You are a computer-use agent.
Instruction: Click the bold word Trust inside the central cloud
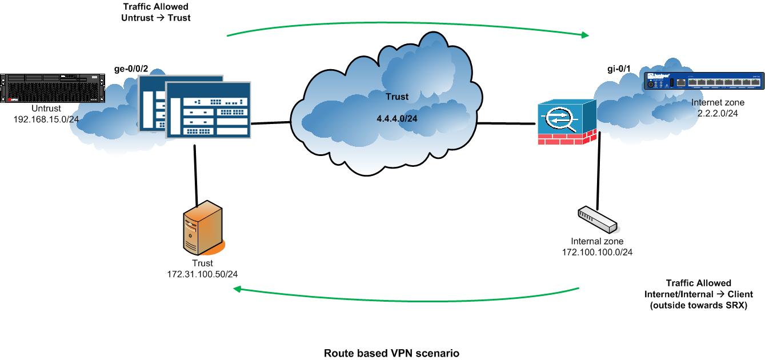(396, 97)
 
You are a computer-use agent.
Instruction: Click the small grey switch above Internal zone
(596, 220)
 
